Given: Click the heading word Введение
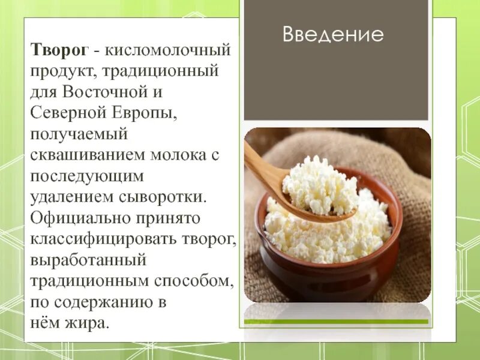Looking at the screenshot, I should click(333, 35).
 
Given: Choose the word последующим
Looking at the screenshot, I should click(88, 176).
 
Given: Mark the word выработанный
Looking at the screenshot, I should click(89, 261).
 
